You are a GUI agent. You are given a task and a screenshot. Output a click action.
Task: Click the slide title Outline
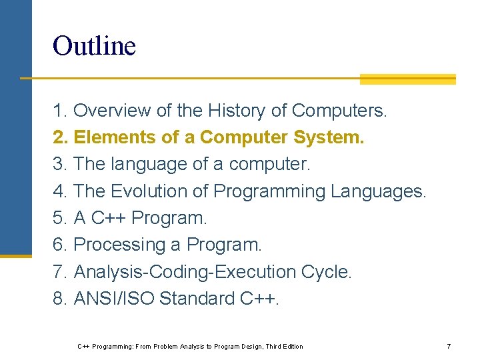[94, 47]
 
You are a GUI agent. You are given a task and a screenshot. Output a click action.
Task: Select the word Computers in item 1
[339, 110]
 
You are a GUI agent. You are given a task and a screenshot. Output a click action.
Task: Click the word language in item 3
[148, 164]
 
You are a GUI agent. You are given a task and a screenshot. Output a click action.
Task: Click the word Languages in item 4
[378, 191]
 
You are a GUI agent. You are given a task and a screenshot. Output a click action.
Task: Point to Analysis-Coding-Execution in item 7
[185, 272]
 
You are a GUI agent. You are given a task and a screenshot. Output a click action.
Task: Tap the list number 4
[59, 191]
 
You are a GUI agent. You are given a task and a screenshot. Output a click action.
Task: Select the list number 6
[59, 245]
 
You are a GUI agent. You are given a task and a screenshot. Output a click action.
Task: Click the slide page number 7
[449, 347]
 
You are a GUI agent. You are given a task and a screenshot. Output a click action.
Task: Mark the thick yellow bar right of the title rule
[407, 79]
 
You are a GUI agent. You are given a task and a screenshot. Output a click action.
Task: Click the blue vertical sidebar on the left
[15, 127]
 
